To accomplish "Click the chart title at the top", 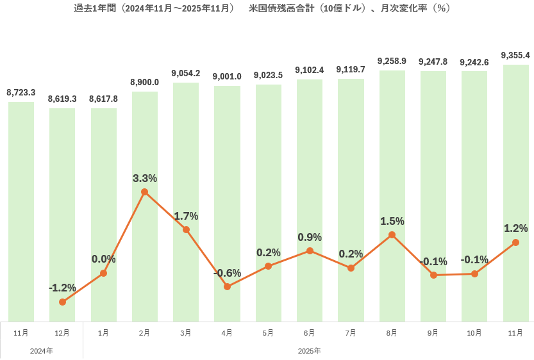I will pyautogui.click(x=262, y=8).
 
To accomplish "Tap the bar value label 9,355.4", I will pyautogui.click(x=515, y=56).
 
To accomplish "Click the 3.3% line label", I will pyautogui.click(x=145, y=178).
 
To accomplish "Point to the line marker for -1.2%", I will pyautogui.click(x=62, y=302).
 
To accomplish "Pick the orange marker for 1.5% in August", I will pyautogui.click(x=392, y=235).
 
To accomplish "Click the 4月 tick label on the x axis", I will pyautogui.click(x=227, y=333).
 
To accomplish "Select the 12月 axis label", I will pyautogui.click(x=62, y=333).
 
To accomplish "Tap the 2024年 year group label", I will pyautogui.click(x=42, y=351).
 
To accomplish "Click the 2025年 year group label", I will pyautogui.click(x=310, y=351).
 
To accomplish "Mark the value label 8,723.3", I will pyautogui.click(x=21, y=93).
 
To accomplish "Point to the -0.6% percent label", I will pyautogui.click(x=227, y=273).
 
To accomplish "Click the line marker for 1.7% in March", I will pyautogui.click(x=186, y=229).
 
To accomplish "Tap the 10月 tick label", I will pyautogui.click(x=474, y=333).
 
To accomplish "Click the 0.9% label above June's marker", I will pyautogui.click(x=310, y=237).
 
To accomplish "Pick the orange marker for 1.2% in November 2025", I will pyautogui.click(x=515, y=242).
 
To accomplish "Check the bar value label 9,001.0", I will pyautogui.click(x=227, y=77).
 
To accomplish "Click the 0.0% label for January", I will pyautogui.click(x=103, y=259).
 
